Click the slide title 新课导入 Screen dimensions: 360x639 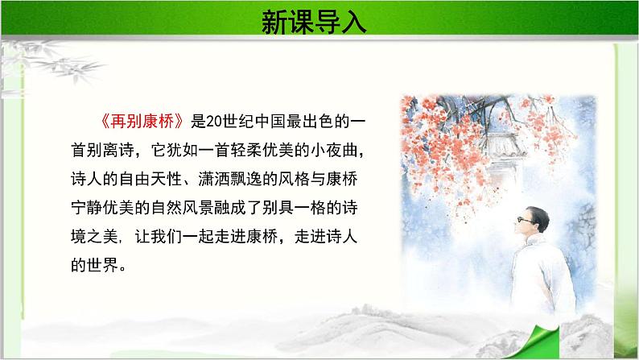[x=314, y=22]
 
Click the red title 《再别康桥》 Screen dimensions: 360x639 [x=141, y=122]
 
